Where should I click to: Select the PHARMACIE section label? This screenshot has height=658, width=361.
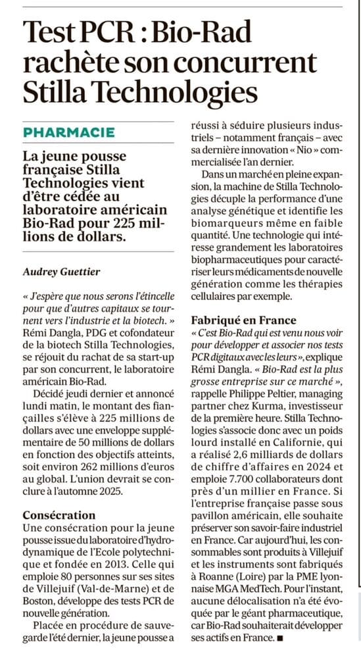click(x=69, y=132)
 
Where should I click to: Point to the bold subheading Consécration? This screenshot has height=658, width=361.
click(x=59, y=515)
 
